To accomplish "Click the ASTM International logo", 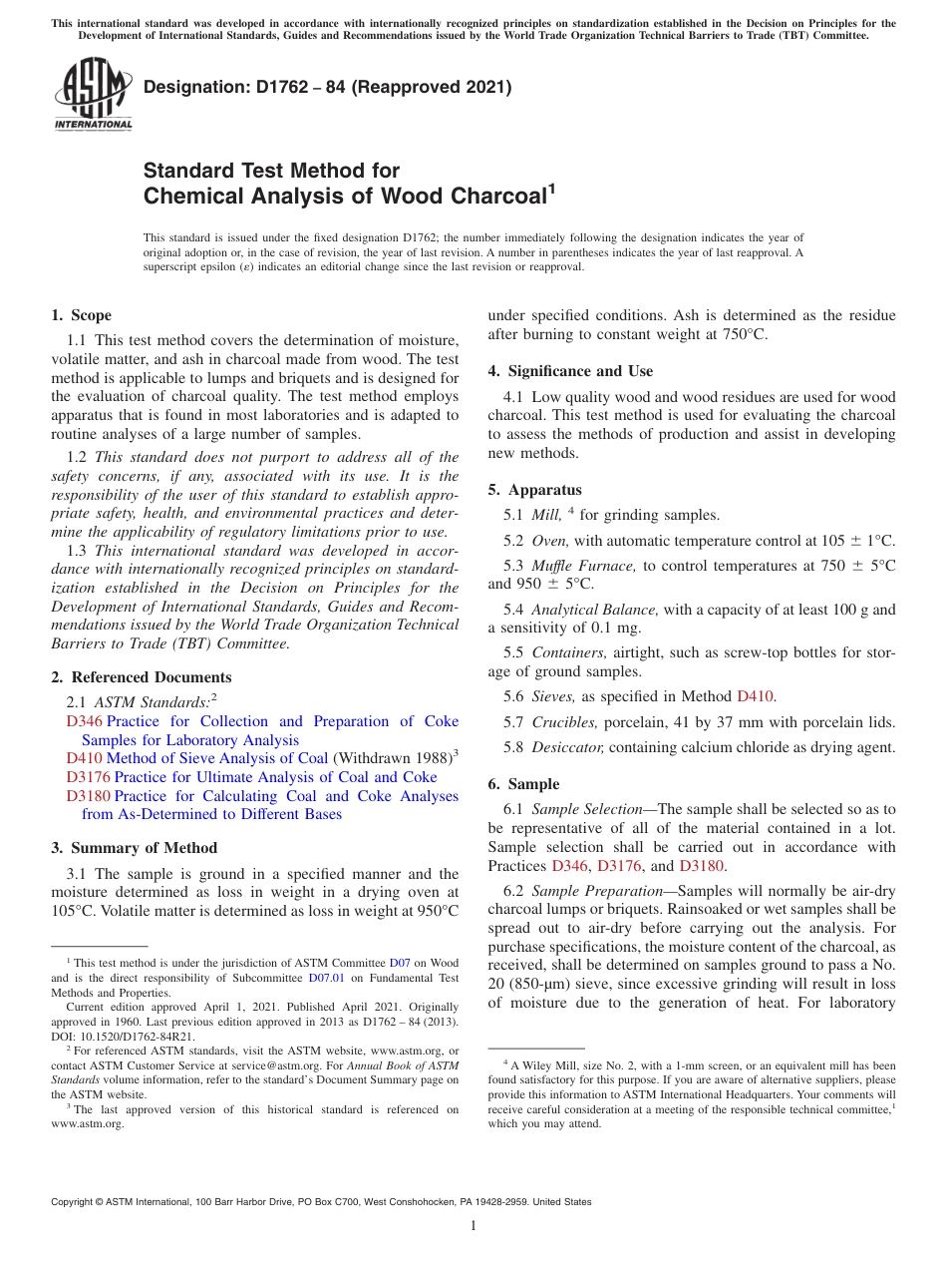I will (x=93, y=95).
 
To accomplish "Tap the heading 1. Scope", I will (x=81, y=315).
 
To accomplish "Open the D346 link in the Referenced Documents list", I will (x=84, y=721).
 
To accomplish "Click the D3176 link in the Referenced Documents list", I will (x=88, y=777).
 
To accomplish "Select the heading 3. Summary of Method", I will (x=134, y=848).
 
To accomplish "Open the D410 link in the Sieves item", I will (x=754, y=696).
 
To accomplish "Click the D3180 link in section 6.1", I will (x=702, y=866).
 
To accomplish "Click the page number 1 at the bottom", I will (x=473, y=1226).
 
